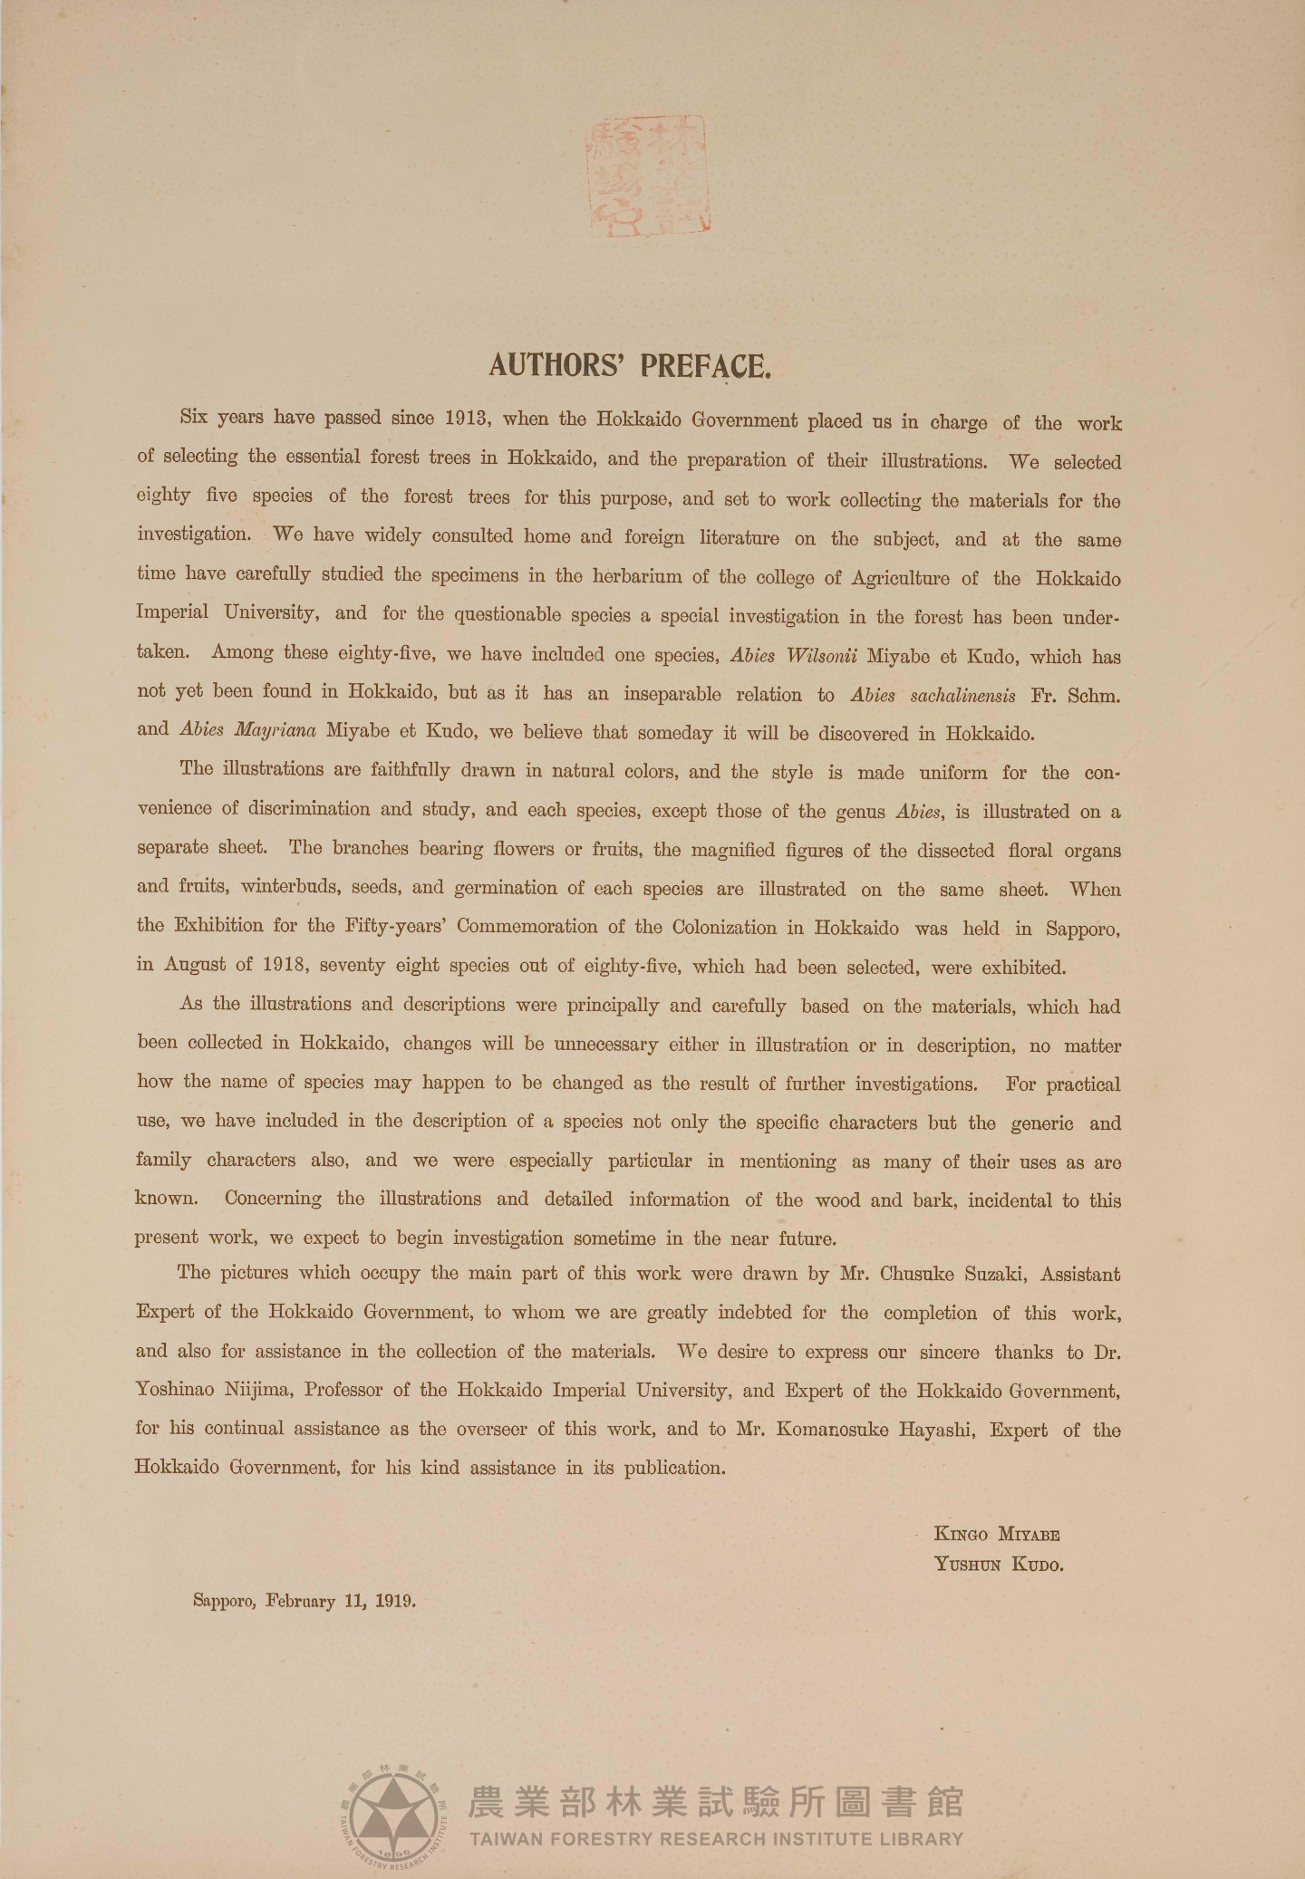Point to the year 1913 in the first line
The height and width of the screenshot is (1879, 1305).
(x=468, y=419)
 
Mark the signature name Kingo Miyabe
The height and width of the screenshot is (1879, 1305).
(x=997, y=1535)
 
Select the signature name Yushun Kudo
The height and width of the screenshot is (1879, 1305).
(x=999, y=1565)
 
